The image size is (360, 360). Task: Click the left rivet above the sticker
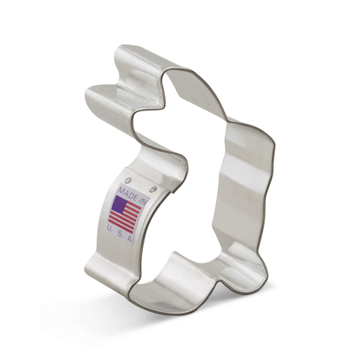(x=128, y=179)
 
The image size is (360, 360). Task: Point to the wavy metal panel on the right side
(x=243, y=180)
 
